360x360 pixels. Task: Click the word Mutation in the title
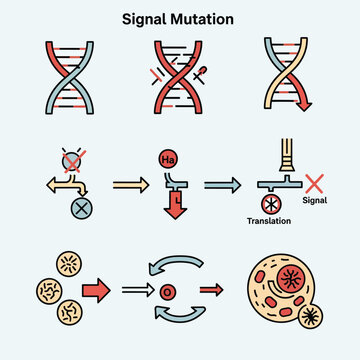click(202, 19)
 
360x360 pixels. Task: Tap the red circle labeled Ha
click(168, 159)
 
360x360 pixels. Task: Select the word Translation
click(269, 221)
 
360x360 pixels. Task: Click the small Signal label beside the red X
click(315, 200)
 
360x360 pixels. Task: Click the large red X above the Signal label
click(314, 184)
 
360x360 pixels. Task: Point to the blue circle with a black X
click(82, 208)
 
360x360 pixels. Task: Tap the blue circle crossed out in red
click(73, 161)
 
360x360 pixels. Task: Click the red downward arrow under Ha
click(175, 204)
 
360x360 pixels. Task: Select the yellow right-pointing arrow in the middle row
click(131, 185)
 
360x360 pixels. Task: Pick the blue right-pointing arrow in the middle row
click(222, 185)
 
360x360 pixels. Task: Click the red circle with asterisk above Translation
click(271, 204)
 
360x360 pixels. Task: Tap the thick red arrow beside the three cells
click(96, 290)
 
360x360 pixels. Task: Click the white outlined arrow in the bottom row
click(138, 290)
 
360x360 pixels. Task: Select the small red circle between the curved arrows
click(168, 292)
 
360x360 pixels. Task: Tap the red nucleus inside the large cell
click(291, 278)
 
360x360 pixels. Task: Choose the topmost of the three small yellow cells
click(70, 264)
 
